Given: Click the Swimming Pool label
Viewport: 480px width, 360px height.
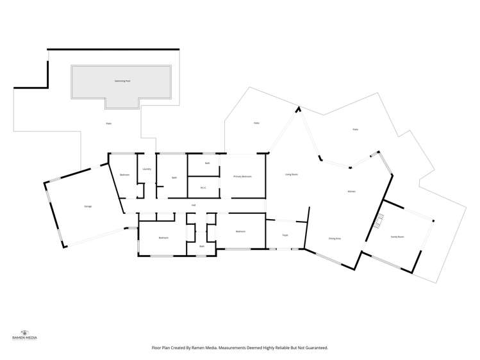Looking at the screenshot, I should pyautogui.click(x=122, y=81).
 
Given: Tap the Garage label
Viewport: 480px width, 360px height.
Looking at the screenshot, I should pyautogui.click(x=87, y=206).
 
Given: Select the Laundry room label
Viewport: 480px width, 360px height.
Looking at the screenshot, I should pyautogui.click(x=147, y=169).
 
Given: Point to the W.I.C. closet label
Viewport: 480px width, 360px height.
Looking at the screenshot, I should pyautogui.click(x=203, y=188).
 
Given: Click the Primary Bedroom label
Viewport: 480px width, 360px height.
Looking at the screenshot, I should pyautogui.click(x=242, y=176).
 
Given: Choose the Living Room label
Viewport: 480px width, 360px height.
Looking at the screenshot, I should pyautogui.click(x=291, y=174).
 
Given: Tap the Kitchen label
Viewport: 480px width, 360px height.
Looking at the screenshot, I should pyautogui.click(x=351, y=192).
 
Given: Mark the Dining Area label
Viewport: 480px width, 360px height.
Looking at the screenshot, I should pyautogui.click(x=334, y=238).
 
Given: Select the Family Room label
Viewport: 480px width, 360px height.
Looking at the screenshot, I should pyautogui.click(x=397, y=237).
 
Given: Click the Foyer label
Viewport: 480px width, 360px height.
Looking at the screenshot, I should pyautogui.click(x=285, y=235).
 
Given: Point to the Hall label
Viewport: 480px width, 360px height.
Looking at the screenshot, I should pyautogui.click(x=194, y=206).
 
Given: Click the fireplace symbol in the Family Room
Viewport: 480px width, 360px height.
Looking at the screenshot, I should pyautogui.click(x=379, y=222).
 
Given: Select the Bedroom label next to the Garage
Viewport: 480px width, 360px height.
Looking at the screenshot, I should pyautogui.click(x=124, y=174).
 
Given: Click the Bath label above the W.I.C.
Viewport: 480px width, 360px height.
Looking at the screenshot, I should pyautogui.click(x=207, y=163).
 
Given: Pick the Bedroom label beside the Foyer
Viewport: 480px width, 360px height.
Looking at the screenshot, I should pyautogui.click(x=240, y=231).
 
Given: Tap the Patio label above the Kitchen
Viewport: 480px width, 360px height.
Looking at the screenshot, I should pyautogui.click(x=355, y=129).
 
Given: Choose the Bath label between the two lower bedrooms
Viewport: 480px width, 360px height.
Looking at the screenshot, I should pyautogui.click(x=201, y=247).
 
